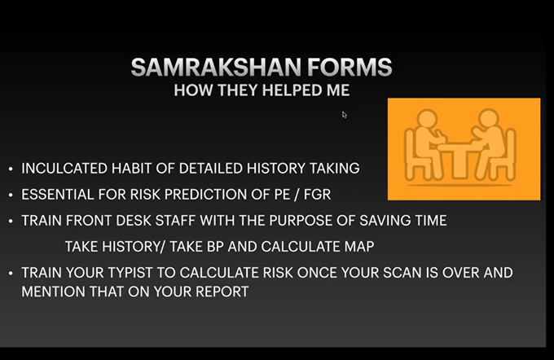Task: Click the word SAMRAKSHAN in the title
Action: pyautogui.click(x=216, y=67)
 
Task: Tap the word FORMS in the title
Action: pyautogui.click(x=350, y=67)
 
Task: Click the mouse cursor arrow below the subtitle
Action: pyautogui.click(x=345, y=115)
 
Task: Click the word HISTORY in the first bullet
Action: pyautogui.click(x=275, y=169)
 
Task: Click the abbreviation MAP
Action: pyautogui.click(x=358, y=247)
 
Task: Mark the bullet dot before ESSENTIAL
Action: pyautogui.click(x=11, y=195)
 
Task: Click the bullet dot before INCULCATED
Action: pyautogui.click(x=11, y=169)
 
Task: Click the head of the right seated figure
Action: pyautogui.click(x=489, y=118)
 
